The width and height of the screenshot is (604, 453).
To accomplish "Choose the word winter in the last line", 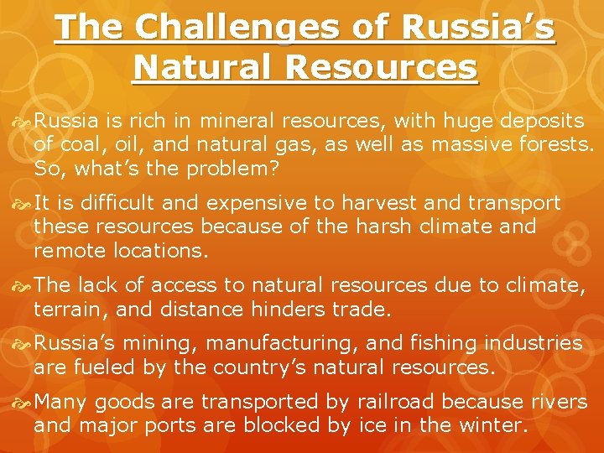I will [497, 425].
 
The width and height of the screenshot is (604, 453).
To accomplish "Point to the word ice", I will [372, 425].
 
